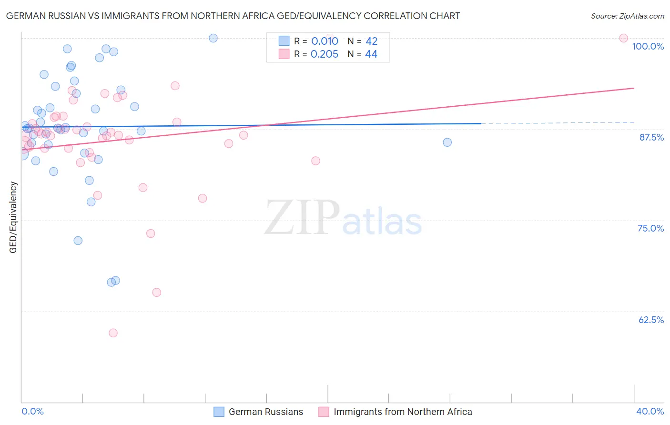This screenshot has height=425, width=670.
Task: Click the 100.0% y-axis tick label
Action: pos(648,46)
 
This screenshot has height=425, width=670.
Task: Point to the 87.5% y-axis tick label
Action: pos(651,137)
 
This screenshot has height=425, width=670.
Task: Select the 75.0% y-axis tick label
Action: pos(650,228)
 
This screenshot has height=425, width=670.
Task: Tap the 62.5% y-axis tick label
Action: pos(651,320)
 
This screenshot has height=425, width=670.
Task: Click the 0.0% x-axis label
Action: pos(32,411)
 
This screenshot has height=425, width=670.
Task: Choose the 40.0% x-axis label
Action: pos(650,411)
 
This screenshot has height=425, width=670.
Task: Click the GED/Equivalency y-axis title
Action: pos(13,217)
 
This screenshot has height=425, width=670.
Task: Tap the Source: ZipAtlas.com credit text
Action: pos(627,16)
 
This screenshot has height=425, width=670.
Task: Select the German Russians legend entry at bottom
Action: pos(265,412)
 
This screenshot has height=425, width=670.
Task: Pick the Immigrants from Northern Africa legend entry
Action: pos(403,412)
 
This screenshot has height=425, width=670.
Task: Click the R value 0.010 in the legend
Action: pos(325,41)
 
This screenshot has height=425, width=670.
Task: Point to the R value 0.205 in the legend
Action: pos(325,54)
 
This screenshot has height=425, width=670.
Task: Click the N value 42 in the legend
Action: pos(371,41)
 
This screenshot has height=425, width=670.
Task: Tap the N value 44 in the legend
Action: pos(371,54)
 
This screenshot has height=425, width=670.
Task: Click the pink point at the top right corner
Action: pos(623,38)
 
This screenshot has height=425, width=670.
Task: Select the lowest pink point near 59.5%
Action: pos(113,333)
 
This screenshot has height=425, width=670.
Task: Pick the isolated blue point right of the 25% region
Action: pos(447,142)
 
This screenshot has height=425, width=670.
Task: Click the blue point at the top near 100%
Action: pos(213,38)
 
